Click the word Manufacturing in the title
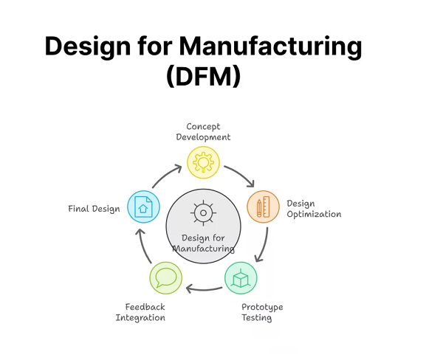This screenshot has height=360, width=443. click(271, 46)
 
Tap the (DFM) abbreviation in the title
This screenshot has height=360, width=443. click(203, 76)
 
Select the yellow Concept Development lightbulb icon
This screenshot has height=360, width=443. click(202, 162)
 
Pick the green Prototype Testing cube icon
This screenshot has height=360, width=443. click(241, 279)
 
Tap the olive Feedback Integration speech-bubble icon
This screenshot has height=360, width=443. click(165, 278)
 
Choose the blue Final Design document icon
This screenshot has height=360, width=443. click(142, 207)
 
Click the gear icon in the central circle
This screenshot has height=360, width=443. click(202, 212)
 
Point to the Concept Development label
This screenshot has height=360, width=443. click(207, 131)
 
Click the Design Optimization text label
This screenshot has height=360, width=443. click(313, 209)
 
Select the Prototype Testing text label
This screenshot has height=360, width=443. click(262, 312)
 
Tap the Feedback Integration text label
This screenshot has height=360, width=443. click(140, 312)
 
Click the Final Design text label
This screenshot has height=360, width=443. click(94, 209)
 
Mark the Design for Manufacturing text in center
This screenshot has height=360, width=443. click(202, 243)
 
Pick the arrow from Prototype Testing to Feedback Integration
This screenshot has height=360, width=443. click(203, 288)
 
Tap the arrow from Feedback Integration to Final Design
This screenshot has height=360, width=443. click(145, 246)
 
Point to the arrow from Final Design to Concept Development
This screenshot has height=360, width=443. click(166, 176)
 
